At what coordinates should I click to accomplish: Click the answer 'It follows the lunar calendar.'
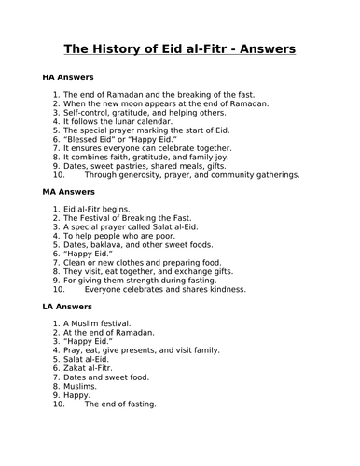[x=118, y=121]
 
